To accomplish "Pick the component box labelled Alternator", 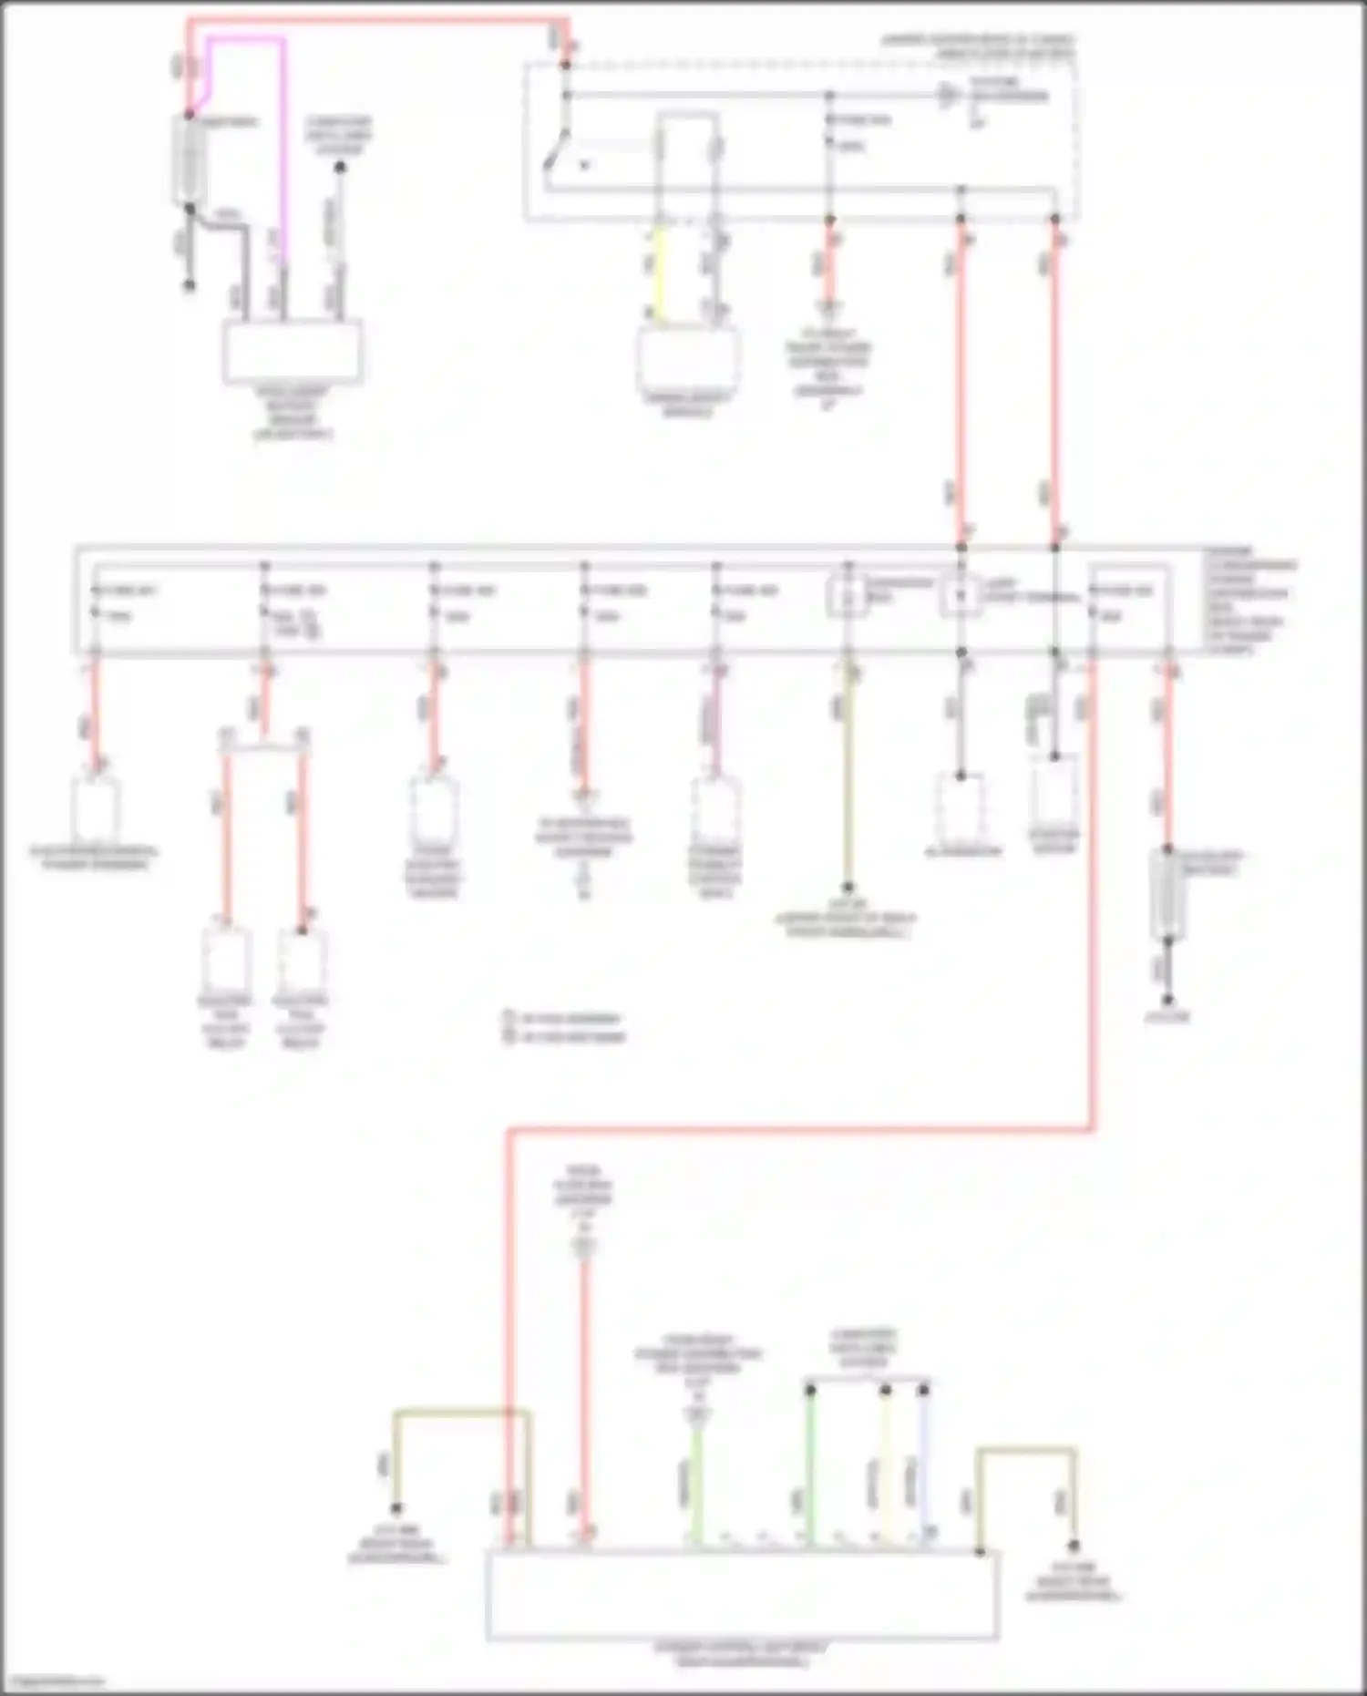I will pos(961,807).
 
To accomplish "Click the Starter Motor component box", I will pos(1054,792).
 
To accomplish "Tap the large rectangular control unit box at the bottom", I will pos(743,1595).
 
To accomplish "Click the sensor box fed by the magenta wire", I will pos(293,352).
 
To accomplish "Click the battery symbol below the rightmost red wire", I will pos(1167,894).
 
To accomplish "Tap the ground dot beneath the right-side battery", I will pos(1167,1001).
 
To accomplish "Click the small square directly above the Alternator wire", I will pos(961,597).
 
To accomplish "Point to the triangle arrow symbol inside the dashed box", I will pos(949,96).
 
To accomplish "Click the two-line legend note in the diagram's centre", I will pos(565,1027).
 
